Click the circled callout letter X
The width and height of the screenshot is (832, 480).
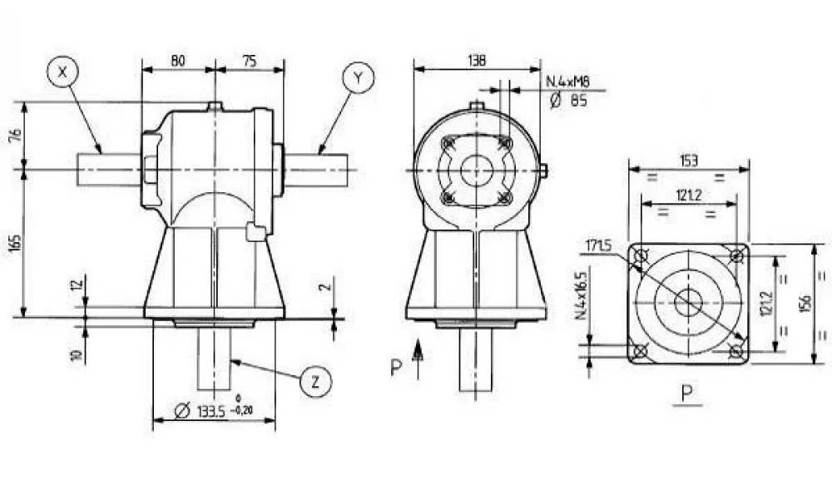pyautogui.click(x=62, y=72)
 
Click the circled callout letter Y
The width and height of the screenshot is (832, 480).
pyautogui.click(x=357, y=77)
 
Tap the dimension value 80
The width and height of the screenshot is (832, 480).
pyautogui.click(x=177, y=60)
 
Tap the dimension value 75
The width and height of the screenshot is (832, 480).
pyautogui.click(x=250, y=60)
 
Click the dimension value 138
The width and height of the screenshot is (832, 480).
pyautogui.click(x=476, y=60)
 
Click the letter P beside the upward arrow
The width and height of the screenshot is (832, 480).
pyautogui.click(x=397, y=366)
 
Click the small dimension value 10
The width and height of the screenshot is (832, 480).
pyautogui.click(x=76, y=355)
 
